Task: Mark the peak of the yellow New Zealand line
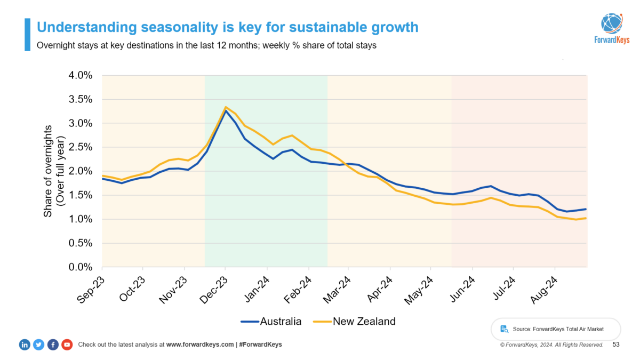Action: click(226, 107)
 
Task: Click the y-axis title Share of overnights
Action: click(48, 171)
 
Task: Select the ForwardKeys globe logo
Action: click(612, 23)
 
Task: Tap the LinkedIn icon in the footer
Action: click(25, 345)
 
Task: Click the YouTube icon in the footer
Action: click(67, 345)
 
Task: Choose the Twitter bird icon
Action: click(38, 345)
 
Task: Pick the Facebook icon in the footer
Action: click(53, 345)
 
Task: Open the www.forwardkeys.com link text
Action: click(200, 345)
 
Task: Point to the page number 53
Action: click(616, 345)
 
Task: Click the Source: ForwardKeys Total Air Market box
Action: click(555, 329)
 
